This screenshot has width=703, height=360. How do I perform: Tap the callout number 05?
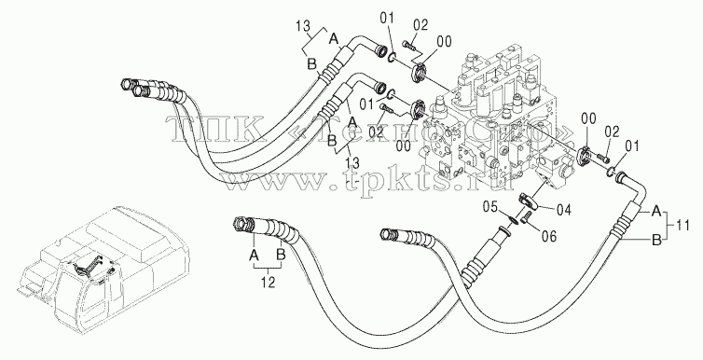coord(491,207)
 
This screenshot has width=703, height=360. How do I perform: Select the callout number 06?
coord(548,235)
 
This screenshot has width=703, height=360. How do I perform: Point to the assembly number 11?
coord(682,226)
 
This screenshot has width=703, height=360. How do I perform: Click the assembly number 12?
coord(269,283)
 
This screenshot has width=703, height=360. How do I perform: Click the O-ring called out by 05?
coord(514,219)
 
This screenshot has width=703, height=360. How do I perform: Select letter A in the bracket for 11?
coord(656,211)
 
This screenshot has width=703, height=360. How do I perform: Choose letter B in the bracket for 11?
coord(656,241)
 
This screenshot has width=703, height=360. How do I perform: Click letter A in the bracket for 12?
coord(254,256)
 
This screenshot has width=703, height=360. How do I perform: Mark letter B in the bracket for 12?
coord(281,256)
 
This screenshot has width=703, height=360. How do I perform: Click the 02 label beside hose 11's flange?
coord(612,132)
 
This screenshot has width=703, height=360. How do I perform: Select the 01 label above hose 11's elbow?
coord(631,146)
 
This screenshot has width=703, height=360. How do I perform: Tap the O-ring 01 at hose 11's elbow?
coord(610,171)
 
